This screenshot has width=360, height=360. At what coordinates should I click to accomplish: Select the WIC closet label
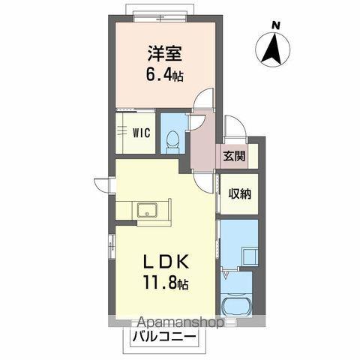(x=142, y=133)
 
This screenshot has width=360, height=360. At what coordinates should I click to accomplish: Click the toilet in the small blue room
(x=172, y=138)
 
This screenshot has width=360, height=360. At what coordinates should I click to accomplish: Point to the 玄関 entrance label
(x=233, y=156)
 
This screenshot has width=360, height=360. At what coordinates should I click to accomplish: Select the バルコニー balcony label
(x=166, y=336)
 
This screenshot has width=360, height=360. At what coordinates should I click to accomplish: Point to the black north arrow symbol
(x=275, y=49)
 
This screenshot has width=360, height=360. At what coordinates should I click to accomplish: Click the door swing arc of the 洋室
(x=202, y=101)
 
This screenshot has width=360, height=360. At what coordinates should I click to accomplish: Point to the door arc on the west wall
(x=103, y=184)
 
